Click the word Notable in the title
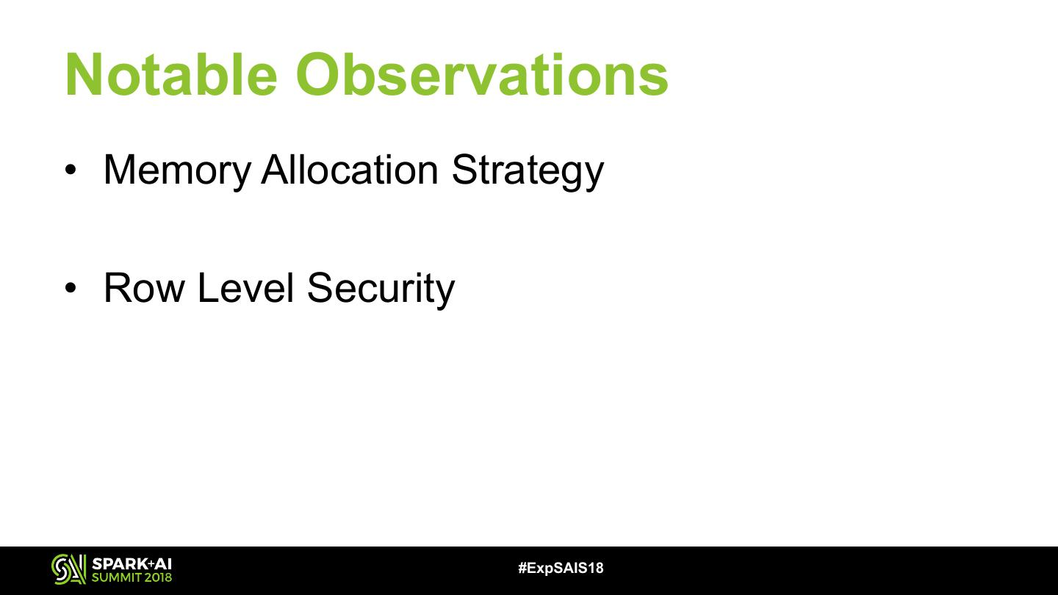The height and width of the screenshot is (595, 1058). tap(171, 75)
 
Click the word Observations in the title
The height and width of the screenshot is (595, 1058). tap(482, 75)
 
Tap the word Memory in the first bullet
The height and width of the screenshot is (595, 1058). tap(177, 170)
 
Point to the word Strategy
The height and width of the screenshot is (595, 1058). tap(528, 170)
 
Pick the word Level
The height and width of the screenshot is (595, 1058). tap(245, 288)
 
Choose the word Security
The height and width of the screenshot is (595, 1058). tap(381, 289)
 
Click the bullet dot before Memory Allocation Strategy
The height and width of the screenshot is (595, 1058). tap(71, 170)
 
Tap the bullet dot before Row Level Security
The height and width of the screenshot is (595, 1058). tap(71, 288)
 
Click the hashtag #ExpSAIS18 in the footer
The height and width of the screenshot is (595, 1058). tap(561, 568)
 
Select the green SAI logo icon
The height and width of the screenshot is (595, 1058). tap(68, 569)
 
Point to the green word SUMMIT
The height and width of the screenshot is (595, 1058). tap(117, 577)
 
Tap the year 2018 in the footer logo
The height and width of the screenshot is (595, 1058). tap(158, 577)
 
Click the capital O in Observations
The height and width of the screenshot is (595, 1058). tap(318, 75)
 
